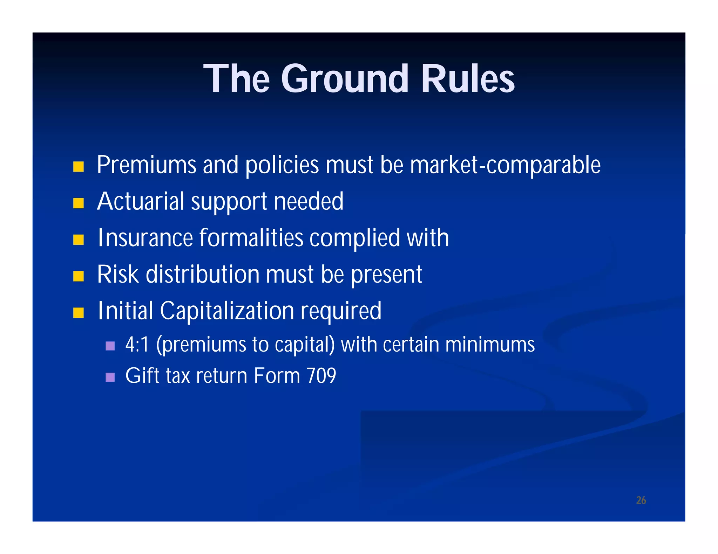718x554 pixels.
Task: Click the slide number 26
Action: pos(641,500)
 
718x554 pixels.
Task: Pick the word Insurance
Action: pos(145,238)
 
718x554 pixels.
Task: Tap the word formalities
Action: pos(251,238)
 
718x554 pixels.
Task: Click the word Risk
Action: pos(118,274)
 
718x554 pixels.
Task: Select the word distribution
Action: pos(202,274)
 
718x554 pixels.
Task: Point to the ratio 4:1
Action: pos(137,345)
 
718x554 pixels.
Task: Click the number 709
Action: pos(321,376)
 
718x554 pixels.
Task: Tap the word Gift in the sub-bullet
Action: pos(140,376)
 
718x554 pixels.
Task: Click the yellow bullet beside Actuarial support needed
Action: pos(79,203)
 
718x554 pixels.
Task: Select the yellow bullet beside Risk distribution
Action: pos(79,276)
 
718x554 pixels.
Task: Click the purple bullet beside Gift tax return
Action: pos(110,377)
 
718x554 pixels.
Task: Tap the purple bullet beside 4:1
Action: pos(110,346)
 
